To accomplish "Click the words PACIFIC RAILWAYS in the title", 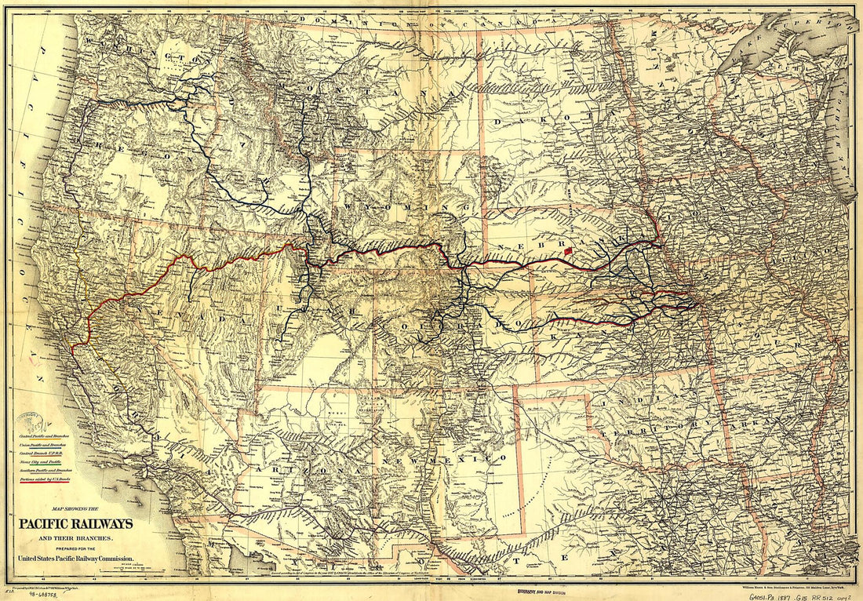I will pyautogui.click(x=76, y=524).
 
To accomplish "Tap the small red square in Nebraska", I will pyautogui.click(x=570, y=252).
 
